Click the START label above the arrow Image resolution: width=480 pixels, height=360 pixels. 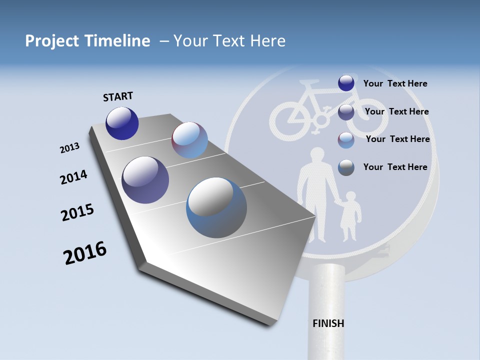click(118, 96)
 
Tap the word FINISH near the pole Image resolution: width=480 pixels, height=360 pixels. click(328, 323)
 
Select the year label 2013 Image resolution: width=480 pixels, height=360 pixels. click(70, 148)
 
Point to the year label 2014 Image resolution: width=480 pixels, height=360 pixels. click(73, 177)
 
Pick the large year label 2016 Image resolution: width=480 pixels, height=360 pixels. click(85, 253)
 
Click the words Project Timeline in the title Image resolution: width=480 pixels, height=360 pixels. click(87, 41)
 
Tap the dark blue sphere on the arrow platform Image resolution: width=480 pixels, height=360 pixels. click(122, 123)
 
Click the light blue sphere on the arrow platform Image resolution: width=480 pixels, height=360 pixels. click(189, 140)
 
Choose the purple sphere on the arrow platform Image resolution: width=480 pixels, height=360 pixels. click(145, 180)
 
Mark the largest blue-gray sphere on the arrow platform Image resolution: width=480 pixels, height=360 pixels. click(216, 207)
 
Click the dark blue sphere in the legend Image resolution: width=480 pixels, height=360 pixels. click(346, 83)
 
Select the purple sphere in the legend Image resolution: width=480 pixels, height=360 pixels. click(346, 111)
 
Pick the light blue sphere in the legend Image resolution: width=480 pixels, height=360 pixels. click(346, 140)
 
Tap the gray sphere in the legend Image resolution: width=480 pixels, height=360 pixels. click(346, 167)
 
